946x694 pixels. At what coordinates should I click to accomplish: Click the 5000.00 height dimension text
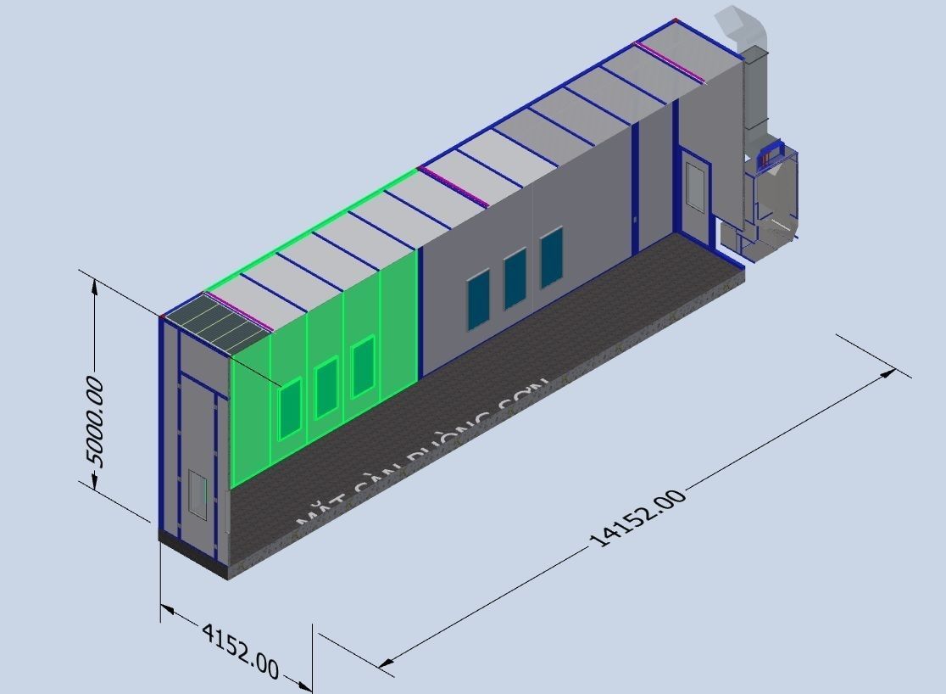[x=95, y=423]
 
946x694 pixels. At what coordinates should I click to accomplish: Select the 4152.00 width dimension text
[x=240, y=650]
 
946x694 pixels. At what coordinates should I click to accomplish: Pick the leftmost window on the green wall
[x=290, y=409]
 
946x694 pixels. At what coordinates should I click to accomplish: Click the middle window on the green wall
[x=326, y=388]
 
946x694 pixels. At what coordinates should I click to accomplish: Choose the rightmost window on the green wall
[x=363, y=367]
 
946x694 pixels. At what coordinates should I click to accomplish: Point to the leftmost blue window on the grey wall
[x=478, y=299]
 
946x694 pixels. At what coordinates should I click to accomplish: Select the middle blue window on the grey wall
[x=515, y=278]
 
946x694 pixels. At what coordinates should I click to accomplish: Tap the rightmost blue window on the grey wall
[x=552, y=258]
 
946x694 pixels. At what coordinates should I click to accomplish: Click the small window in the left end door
[x=198, y=495]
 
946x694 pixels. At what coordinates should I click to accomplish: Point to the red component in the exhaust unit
[x=769, y=155]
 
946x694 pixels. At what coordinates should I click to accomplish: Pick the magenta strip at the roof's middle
[x=454, y=187]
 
